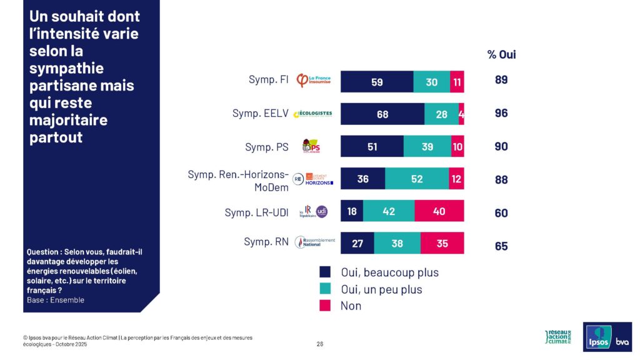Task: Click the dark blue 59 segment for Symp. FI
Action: [x=377, y=82]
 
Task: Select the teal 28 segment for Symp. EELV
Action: [x=441, y=114]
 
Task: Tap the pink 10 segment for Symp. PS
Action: [x=457, y=146]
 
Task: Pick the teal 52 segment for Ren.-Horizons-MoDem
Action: [x=417, y=179]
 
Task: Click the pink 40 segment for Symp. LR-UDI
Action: [x=439, y=211]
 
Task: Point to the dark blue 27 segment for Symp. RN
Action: [x=357, y=243]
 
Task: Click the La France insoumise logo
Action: [x=314, y=81]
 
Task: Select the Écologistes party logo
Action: [x=312, y=114]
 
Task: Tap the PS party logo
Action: [x=311, y=147]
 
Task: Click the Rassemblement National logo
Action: [x=315, y=242]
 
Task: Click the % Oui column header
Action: [x=501, y=54]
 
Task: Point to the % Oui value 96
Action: [x=501, y=114]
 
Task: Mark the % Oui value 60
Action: [x=501, y=213]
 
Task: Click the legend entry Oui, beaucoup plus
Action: [x=387, y=272]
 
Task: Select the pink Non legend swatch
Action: [x=325, y=306]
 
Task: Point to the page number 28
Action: [x=320, y=344]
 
